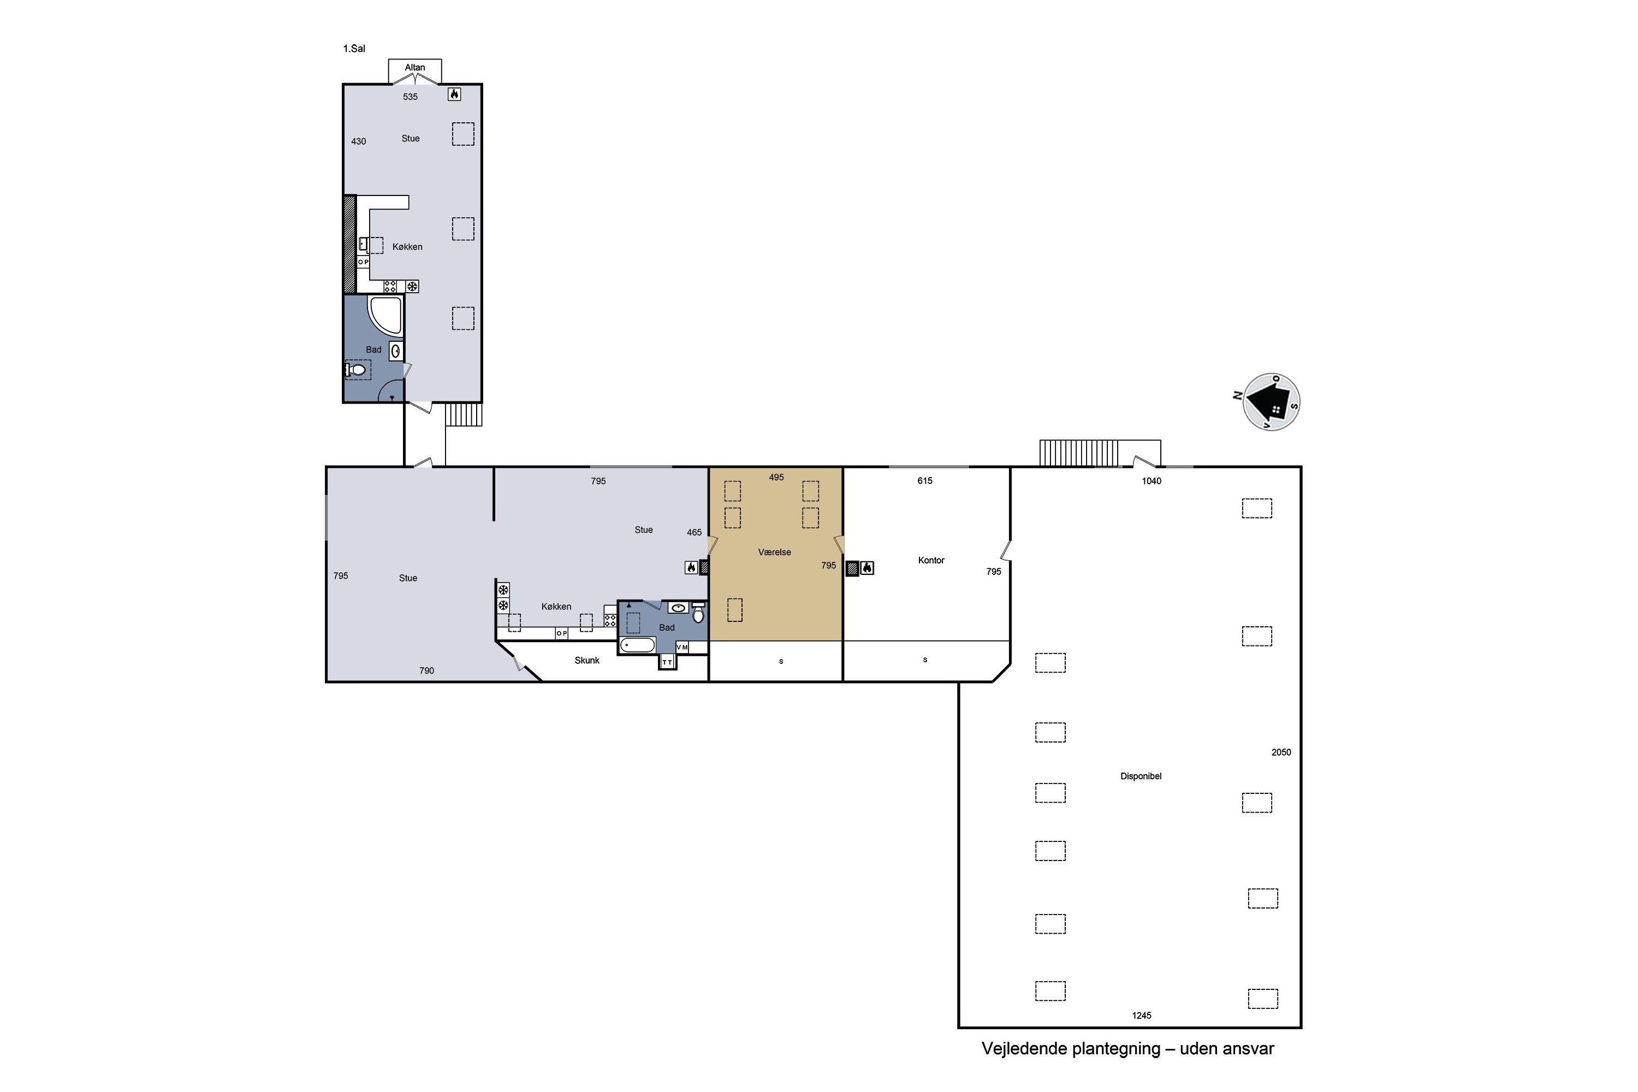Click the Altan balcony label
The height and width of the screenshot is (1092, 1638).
(x=414, y=68)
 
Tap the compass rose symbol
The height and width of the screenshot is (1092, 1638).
(x=1271, y=402)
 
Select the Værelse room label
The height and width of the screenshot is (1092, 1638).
(x=774, y=552)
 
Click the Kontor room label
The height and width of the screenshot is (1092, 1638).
(x=931, y=561)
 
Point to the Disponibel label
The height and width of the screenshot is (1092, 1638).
(x=1141, y=776)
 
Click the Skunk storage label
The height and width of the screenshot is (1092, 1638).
(x=586, y=660)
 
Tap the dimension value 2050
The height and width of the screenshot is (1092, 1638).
(x=1281, y=752)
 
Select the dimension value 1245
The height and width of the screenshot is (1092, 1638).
(x=1142, y=1016)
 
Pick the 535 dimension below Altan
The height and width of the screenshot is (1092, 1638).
(x=410, y=97)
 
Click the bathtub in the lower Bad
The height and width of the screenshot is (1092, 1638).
(x=637, y=645)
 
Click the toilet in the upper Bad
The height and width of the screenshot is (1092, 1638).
(x=356, y=370)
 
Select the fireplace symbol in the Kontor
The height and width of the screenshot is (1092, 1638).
(x=867, y=568)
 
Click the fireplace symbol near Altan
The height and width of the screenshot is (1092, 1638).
(x=454, y=94)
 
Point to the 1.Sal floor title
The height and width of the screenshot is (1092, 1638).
(x=354, y=49)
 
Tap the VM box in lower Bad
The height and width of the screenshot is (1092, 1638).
(x=682, y=647)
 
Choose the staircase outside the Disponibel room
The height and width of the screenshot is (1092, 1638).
(x=1079, y=453)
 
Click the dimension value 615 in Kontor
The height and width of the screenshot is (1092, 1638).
(x=924, y=480)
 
